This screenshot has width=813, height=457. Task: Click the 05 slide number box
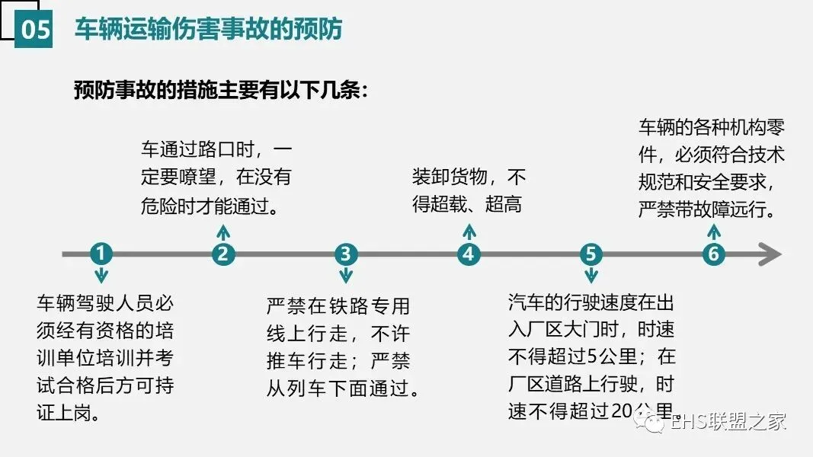tap(34, 30)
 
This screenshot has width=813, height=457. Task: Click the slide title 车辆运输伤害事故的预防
tap(208, 29)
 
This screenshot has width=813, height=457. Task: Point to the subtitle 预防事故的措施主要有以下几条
tap(221, 91)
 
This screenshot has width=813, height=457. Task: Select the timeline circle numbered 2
tap(222, 254)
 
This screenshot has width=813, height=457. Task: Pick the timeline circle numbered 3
tap(346, 254)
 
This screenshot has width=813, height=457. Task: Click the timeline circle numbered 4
tap(469, 254)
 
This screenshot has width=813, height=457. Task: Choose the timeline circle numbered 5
tap(591, 254)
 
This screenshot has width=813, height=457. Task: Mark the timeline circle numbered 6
tap(713, 254)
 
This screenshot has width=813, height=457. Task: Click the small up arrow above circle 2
tap(222, 232)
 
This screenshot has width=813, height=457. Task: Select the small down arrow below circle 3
tap(346, 276)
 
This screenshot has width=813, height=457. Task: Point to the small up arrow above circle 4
tap(469, 232)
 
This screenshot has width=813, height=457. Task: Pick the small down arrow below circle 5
tap(591, 276)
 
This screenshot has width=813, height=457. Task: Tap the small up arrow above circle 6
tap(713, 232)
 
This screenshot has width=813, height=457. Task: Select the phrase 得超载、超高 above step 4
tap(467, 204)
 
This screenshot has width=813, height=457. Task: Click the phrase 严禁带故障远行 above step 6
tap(706, 208)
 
